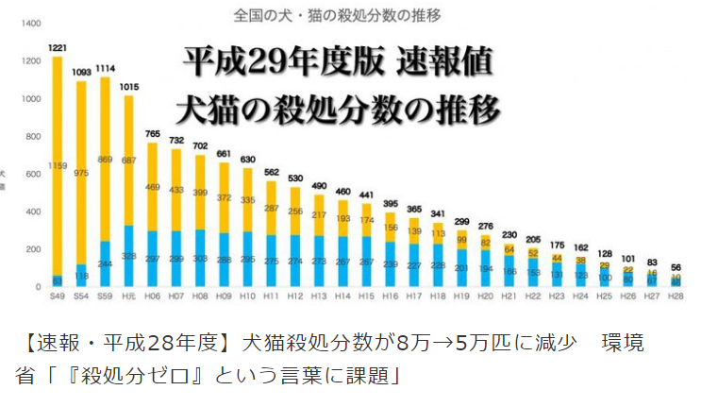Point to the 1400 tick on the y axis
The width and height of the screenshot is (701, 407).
26,22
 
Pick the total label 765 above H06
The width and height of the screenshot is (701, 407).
151,134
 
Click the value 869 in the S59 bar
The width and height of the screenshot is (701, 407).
105,160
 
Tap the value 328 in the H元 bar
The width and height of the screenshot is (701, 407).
128,256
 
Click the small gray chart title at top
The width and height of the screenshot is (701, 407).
350,15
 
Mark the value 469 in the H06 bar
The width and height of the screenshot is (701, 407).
151,188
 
